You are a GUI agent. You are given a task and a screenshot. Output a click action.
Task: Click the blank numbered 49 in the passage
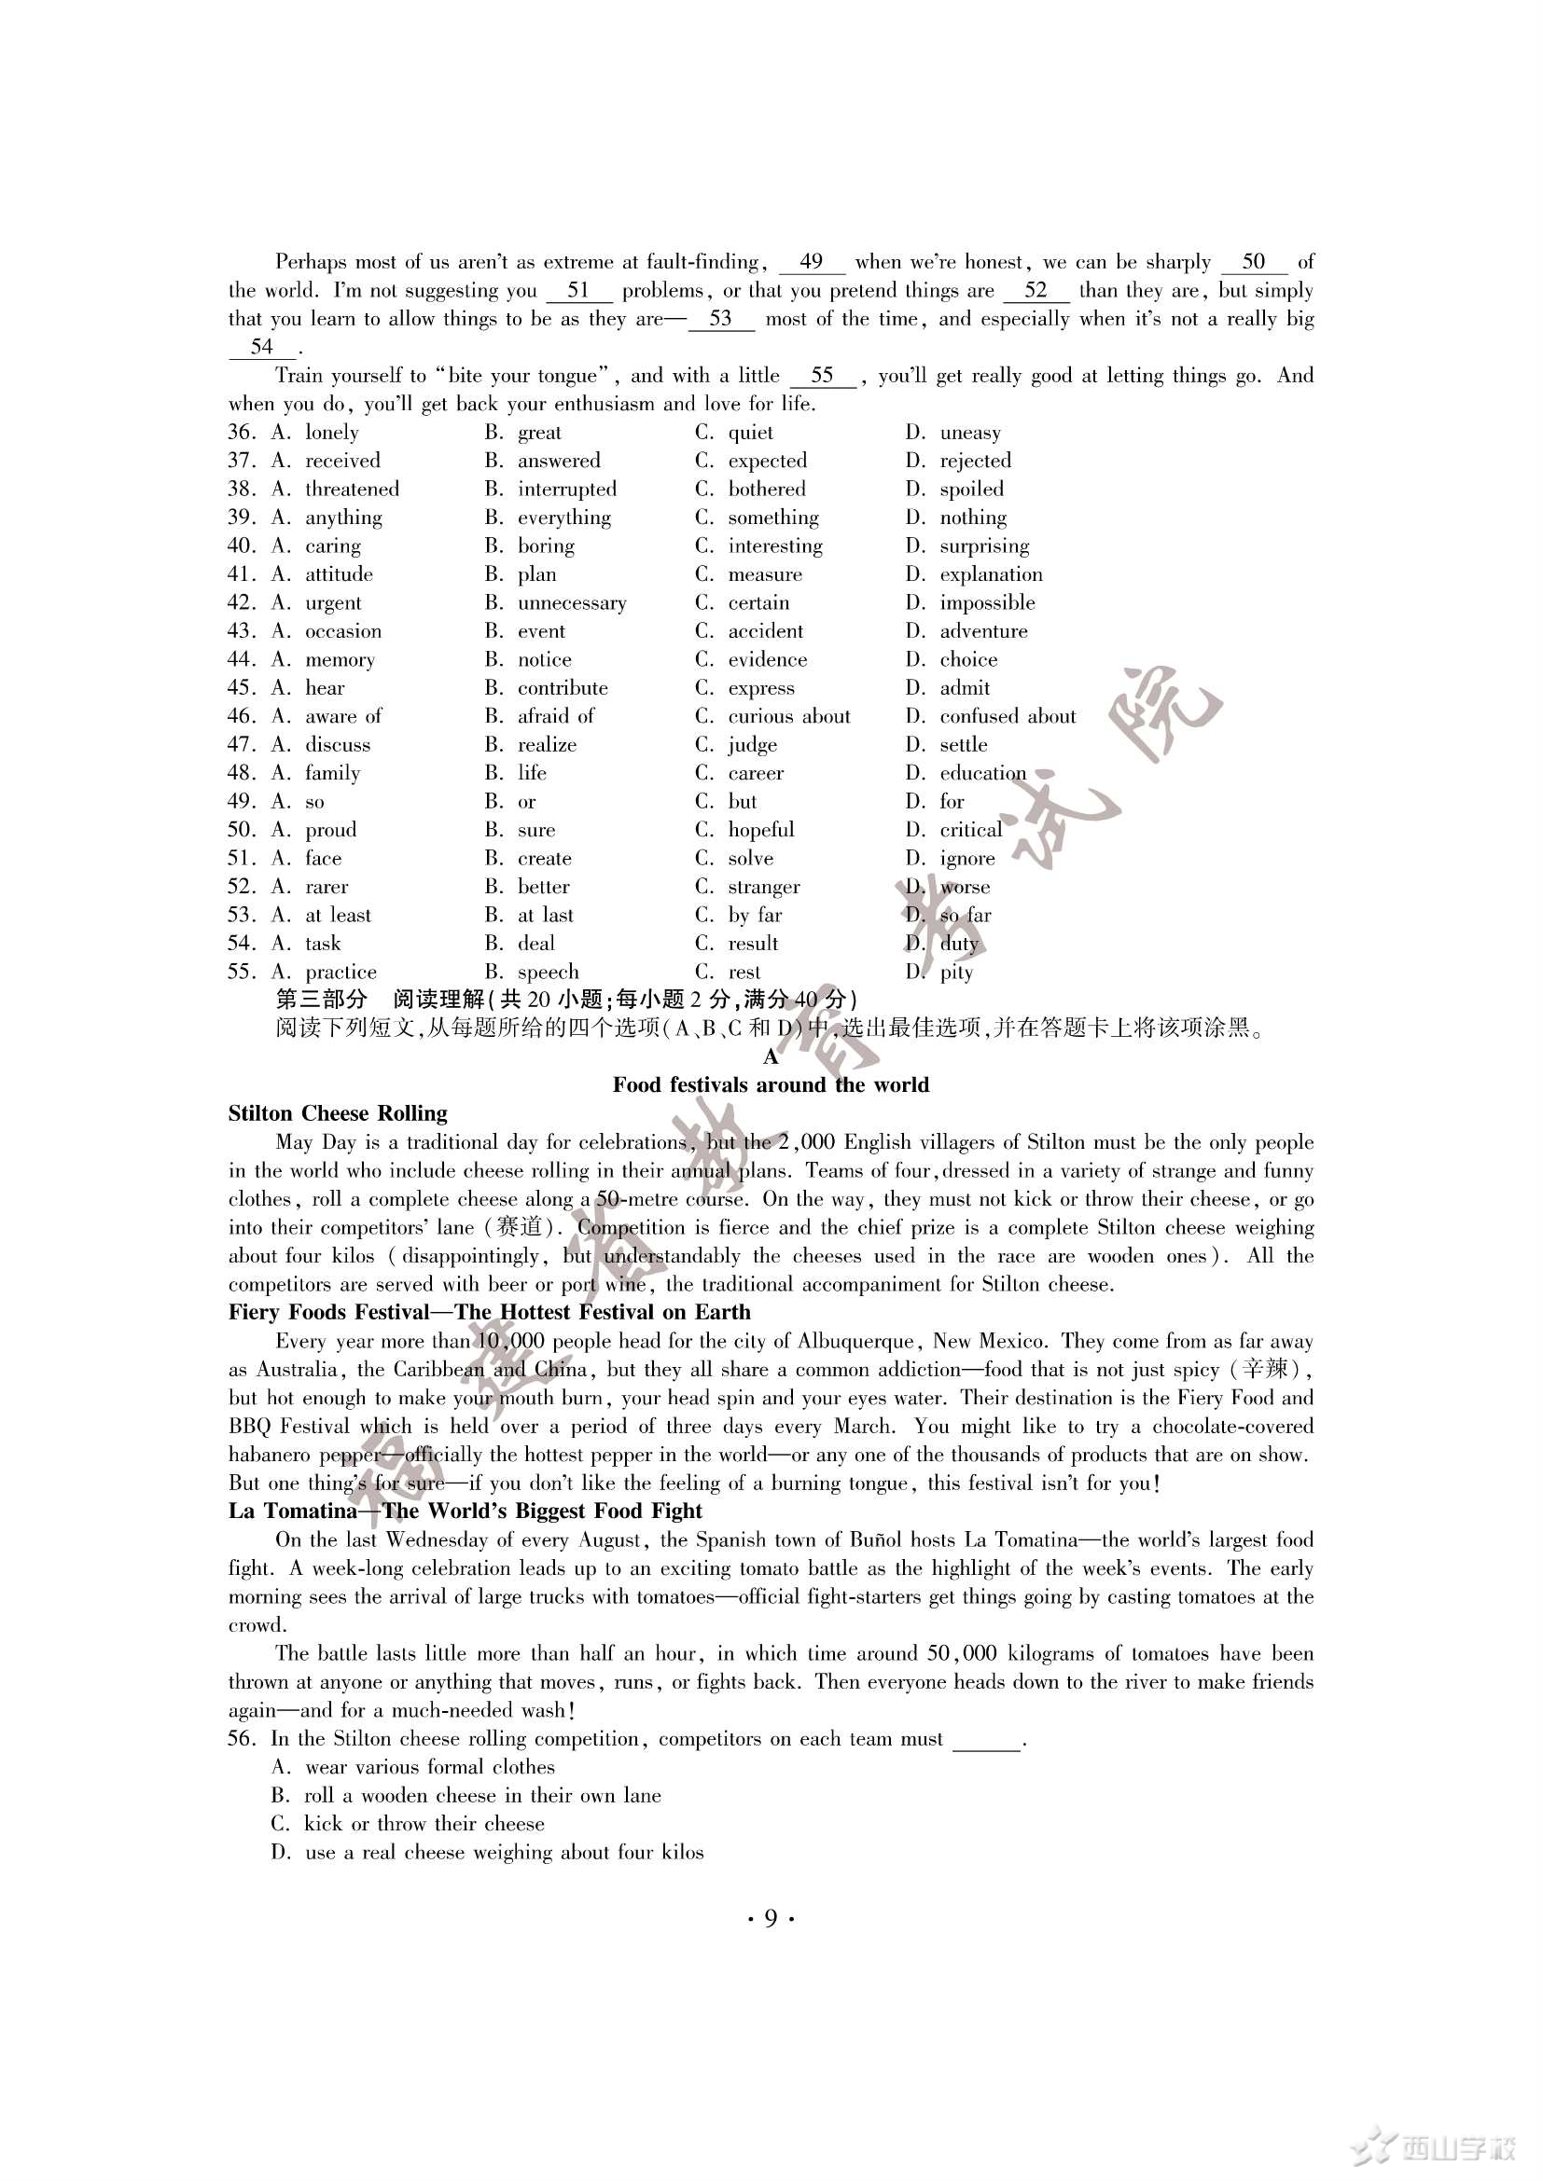click(x=811, y=262)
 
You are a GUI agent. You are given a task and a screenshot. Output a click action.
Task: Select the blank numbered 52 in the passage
click(x=1036, y=291)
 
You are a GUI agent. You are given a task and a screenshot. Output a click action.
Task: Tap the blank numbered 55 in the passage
click(x=822, y=376)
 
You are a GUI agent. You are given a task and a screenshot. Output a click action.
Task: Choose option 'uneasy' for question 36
click(x=969, y=434)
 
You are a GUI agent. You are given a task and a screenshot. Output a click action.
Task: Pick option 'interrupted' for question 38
click(x=566, y=490)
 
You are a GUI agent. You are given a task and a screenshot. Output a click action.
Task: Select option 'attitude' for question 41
click(x=339, y=574)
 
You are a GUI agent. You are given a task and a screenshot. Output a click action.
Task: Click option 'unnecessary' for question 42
click(x=571, y=603)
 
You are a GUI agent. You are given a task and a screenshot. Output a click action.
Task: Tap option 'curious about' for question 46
click(x=788, y=717)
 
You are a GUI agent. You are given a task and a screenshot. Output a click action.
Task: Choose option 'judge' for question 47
click(x=752, y=746)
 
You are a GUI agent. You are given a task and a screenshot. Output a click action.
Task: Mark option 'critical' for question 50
click(x=970, y=830)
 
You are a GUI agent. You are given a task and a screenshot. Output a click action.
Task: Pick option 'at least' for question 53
click(x=338, y=916)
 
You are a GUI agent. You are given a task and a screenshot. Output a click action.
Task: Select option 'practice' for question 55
click(x=341, y=973)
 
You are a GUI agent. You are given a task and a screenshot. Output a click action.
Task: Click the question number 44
click(x=241, y=660)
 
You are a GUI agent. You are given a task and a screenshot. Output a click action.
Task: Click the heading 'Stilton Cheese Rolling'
click(x=338, y=1113)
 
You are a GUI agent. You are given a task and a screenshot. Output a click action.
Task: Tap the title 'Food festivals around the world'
click(x=771, y=1084)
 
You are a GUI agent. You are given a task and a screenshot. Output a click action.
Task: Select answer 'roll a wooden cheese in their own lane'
click(x=481, y=1795)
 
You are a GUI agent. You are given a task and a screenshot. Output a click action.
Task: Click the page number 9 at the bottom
click(x=771, y=1918)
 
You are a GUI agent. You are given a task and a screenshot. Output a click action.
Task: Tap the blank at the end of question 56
click(x=986, y=1739)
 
